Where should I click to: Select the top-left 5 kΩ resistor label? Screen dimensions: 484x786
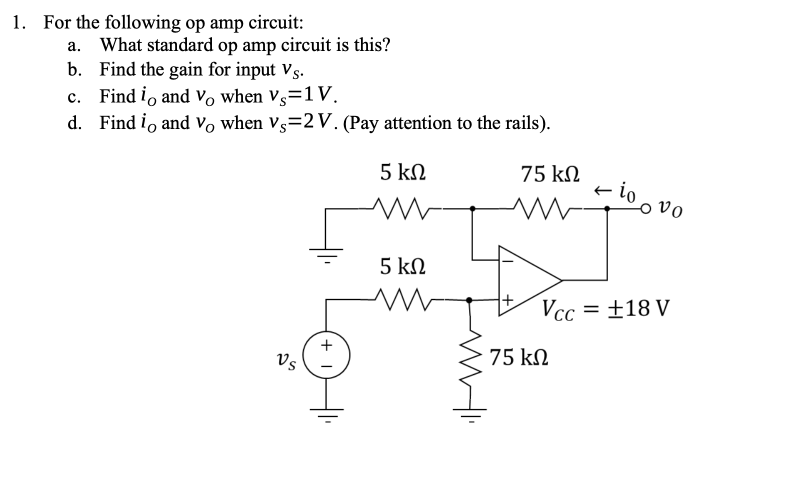[x=403, y=172]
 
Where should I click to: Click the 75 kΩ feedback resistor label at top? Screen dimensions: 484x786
[x=550, y=174]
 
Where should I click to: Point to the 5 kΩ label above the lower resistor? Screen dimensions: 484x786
[x=403, y=265]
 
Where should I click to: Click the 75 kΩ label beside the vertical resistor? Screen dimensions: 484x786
[x=518, y=357]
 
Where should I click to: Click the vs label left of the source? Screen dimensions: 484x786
[x=285, y=359]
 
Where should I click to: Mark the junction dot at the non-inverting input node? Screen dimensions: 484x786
[x=469, y=300]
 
